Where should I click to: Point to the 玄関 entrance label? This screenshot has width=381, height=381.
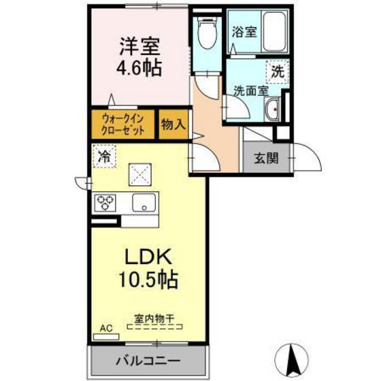(266, 159)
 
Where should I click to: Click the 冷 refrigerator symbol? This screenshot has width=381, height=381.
(104, 157)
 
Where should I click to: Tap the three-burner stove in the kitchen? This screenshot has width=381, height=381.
(105, 202)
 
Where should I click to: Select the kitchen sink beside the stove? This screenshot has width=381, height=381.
(145, 202)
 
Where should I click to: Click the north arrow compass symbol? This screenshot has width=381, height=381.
(295, 357)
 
